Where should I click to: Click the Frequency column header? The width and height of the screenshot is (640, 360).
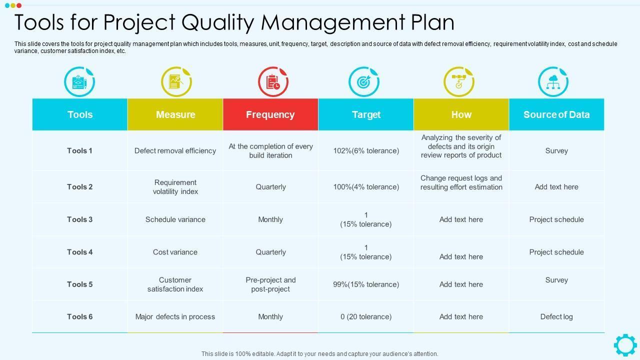(270, 114)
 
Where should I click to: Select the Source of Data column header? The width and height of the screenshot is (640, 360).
(556, 114)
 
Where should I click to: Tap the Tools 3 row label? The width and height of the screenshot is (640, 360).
(80, 219)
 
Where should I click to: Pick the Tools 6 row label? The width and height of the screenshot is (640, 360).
(80, 316)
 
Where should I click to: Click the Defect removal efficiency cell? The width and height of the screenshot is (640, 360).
(175, 150)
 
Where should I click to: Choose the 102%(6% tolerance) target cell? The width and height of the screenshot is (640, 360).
(366, 150)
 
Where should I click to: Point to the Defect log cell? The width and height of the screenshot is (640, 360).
(556, 316)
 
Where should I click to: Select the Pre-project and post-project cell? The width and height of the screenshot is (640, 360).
(270, 284)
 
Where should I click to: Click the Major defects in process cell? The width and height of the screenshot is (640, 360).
(175, 316)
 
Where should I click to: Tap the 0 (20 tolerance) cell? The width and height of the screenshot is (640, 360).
(366, 316)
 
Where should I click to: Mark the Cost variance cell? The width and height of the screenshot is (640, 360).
(175, 252)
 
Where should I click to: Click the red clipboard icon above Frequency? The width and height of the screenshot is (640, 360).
(272, 81)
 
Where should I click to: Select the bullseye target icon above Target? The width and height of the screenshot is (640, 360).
(363, 81)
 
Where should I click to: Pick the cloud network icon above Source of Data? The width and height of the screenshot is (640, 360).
(553, 81)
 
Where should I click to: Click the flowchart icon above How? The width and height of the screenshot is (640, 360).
(458, 81)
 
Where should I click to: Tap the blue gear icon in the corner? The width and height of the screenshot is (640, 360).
(625, 345)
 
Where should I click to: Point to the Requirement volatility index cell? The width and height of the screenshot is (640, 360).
(175, 187)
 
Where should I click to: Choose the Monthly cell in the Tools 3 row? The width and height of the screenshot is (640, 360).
(270, 219)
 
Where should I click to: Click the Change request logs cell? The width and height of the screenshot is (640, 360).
(461, 182)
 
